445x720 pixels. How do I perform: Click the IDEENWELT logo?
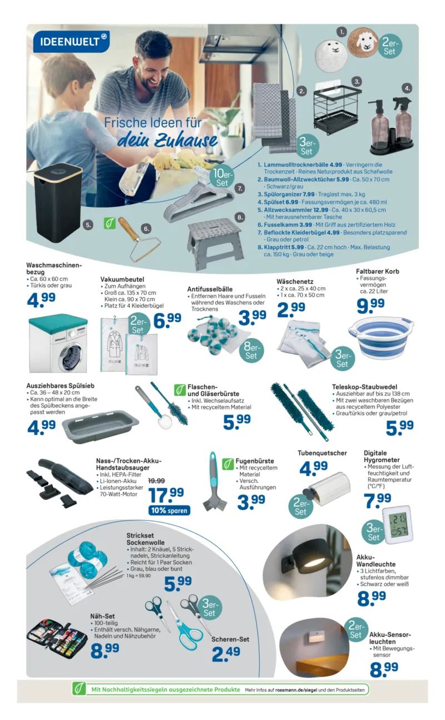[x=71, y=42]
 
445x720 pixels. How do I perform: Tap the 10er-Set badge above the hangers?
[x=222, y=178]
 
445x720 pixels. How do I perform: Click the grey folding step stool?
[x=215, y=244]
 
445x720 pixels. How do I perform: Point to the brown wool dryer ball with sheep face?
[x=363, y=42]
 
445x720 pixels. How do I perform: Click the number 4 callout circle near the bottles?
[x=407, y=88]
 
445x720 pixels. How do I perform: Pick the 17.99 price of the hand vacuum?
[x=166, y=495]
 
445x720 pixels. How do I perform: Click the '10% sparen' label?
[x=169, y=510]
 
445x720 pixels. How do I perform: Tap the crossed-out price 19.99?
[x=156, y=481]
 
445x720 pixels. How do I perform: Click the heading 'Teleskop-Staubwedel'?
[x=365, y=387]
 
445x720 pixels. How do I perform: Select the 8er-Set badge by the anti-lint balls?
[x=251, y=351]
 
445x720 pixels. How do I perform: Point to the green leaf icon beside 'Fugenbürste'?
[x=228, y=464]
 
